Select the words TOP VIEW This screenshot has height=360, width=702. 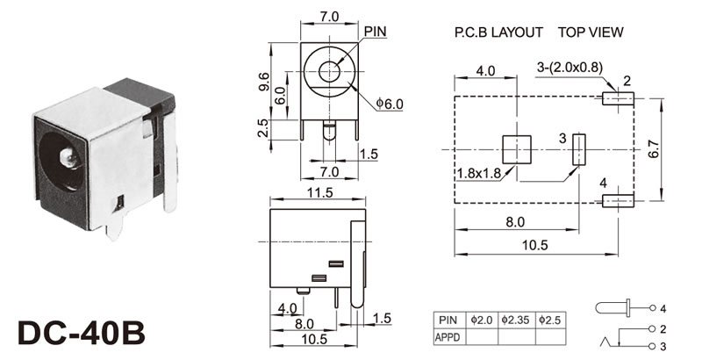click(591, 32)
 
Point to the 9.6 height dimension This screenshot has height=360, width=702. click(263, 81)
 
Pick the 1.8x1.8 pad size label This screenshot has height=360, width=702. click(478, 172)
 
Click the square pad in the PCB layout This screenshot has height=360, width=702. click(517, 149)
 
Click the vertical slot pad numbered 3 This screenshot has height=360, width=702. click(579, 149)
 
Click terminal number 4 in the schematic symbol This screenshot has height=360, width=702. click(663, 309)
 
